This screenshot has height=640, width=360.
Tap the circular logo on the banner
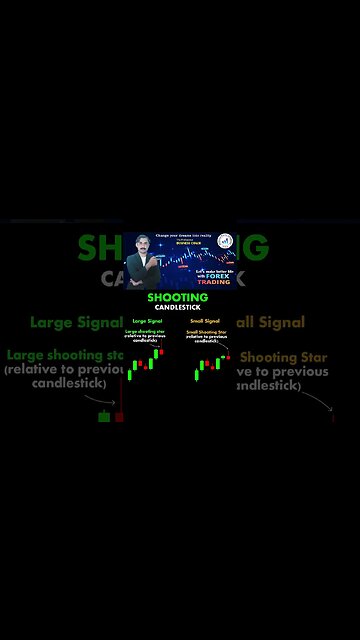click(225, 242)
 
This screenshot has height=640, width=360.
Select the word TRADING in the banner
click(213, 282)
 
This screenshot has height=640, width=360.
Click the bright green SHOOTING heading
click(177, 297)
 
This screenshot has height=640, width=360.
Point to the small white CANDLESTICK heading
click(177, 307)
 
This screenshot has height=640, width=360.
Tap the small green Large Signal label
click(147, 321)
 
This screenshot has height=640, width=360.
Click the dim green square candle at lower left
click(104, 416)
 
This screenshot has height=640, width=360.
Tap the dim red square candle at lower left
click(119, 416)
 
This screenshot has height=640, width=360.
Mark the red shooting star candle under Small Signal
click(228, 356)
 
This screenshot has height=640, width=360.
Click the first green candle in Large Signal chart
click(130, 376)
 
